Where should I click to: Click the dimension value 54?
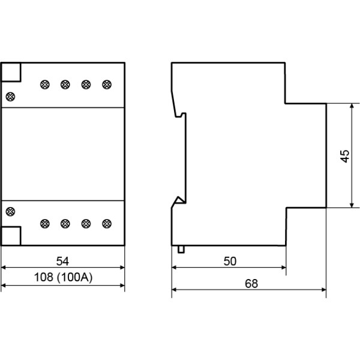pos(62,261)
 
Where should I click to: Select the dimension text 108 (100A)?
pos(62,278)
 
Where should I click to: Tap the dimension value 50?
pos(229,261)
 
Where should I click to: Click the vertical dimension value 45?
pos(344,155)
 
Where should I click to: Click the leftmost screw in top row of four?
pos(44,84)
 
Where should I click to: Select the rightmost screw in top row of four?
pos(106,84)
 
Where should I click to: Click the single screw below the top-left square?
pos(10,96)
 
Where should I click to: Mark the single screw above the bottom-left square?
pos(10,211)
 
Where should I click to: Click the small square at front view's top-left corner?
pos(11,72)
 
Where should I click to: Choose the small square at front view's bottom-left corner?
pos(11,236)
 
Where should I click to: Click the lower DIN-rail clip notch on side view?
pos(178,201)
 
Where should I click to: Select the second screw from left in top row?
pos(65,84)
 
